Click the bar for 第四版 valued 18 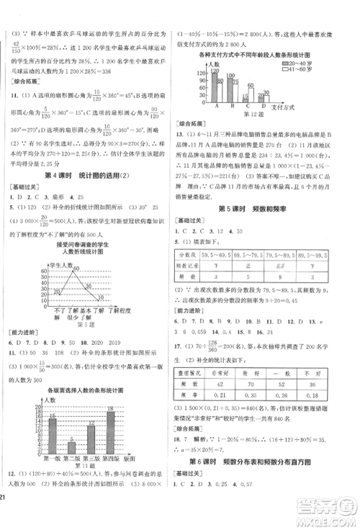[x=130, y=455]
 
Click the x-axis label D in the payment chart [x=262, y=104]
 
